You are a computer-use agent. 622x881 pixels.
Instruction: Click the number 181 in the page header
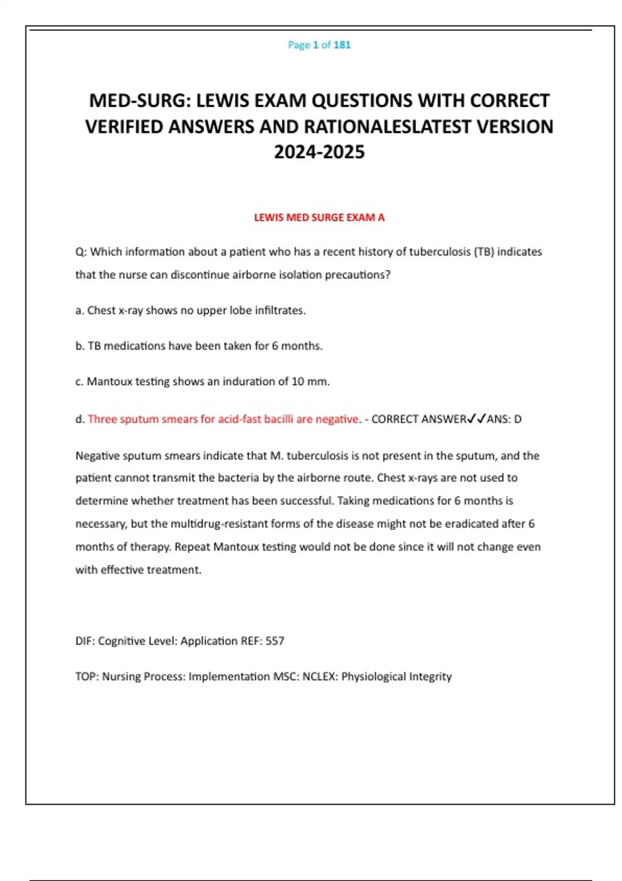(x=342, y=45)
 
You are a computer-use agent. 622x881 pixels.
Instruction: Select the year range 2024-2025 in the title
(x=319, y=152)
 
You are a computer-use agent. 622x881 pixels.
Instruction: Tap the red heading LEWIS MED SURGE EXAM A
(x=319, y=218)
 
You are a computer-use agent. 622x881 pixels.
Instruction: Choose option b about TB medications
(x=199, y=346)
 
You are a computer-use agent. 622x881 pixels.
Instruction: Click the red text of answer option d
(x=223, y=419)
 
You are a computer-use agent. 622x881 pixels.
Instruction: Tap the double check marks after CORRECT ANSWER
(x=476, y=419)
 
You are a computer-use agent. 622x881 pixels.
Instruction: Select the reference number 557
(x=275, y=641)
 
